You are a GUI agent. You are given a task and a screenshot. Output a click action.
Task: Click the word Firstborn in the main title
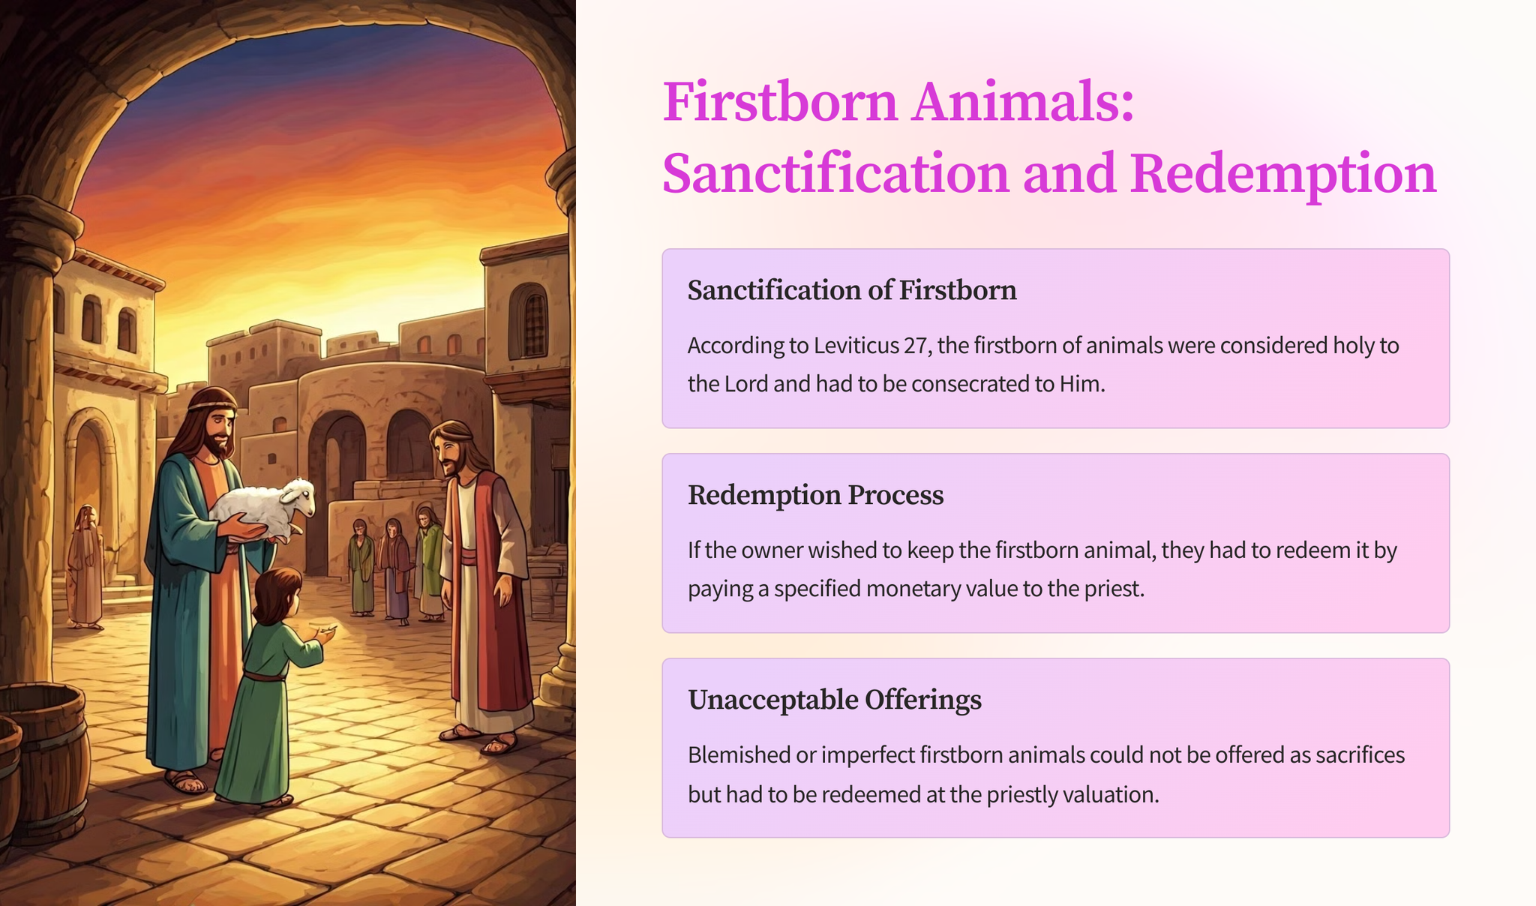[780, 102]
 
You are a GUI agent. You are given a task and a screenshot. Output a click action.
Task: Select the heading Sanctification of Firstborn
[852, 290]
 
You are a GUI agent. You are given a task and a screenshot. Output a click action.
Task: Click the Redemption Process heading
[816, 495]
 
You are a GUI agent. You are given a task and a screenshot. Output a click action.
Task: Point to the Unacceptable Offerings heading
[835, 700]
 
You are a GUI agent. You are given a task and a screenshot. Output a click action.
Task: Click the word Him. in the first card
[1082, 384]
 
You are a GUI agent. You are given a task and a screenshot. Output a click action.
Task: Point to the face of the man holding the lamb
[217, 428]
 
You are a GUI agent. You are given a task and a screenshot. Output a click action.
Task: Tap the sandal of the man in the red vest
[499, 744]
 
